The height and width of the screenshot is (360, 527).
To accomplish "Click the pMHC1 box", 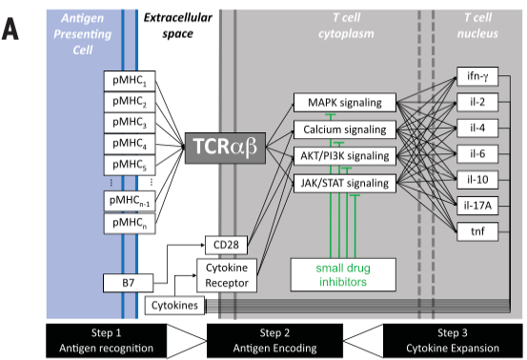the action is pyautogui.click(x=130, y=81).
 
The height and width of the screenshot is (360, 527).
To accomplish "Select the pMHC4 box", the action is pyautogui.click(x=130, y=144).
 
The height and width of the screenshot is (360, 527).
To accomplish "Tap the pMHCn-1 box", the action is pyautogui.click(x=130, y=201).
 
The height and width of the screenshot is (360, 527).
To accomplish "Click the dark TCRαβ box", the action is pyautogui.click(x=225, y=149).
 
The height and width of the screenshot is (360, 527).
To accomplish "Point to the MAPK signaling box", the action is pyautogui.click(x=345, y=103).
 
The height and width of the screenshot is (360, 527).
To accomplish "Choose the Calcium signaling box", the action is pyautogui.click(x=345, y=130).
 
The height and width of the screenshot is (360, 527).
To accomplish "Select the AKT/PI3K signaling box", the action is pyautogui.click(x=345, y=156).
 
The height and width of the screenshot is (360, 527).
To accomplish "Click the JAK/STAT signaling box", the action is pyautogui.click(x=345, y=184).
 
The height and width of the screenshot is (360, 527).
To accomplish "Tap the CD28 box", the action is pyautogui.click(x=226, y=245).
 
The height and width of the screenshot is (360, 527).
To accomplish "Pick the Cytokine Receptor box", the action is pyautogui.click(x=227, y=275).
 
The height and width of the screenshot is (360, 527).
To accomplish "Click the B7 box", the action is pyautogui.click(x=128, y=283).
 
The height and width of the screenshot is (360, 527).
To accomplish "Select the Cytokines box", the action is pyautogui.click(x=174, y=306).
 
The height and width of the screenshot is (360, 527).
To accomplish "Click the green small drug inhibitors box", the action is pyautogui.click(x=343, y=274).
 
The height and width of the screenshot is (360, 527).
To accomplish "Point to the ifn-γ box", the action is pyautogui.click(x=477, y=76).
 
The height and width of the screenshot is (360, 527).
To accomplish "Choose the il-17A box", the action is pyautogui.click(x=477, y=205).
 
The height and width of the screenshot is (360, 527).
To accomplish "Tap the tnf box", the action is pyautogui.click(x=477, y=231).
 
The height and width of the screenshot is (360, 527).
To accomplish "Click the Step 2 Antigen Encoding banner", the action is pyautogui.click(x=274, y=341).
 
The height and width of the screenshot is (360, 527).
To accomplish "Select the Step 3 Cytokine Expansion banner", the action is pyautogui.click(x=453, y=341).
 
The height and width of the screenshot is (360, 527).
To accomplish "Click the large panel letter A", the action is pyautogui.click(x=10, y=30).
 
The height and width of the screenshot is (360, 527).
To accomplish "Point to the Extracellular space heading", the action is pyautogui.click(x=178, y=26).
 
